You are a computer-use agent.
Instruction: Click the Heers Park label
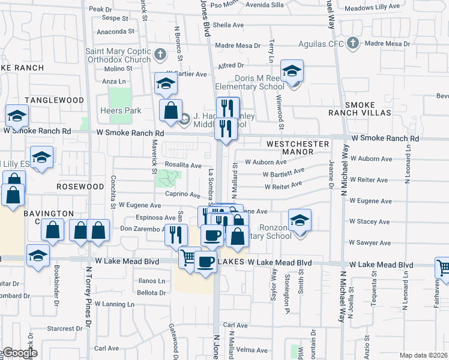[x=121, y=110]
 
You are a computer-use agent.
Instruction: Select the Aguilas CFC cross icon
[x=353, y=44]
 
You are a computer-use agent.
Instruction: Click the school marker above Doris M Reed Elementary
[x=292, y=70]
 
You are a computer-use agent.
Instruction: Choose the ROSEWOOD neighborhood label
[x=80, y=187]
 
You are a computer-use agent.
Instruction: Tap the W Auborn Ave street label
[x=265, y=162]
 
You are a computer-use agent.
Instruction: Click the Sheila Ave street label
[x=228, y=25]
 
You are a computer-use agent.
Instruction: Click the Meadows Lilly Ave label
[x=372, y=6]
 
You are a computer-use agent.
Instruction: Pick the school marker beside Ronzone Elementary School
[x=300, y=220]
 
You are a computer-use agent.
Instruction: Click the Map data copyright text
[x=424, y=355]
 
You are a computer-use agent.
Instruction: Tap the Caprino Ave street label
[x=182, y=195]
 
